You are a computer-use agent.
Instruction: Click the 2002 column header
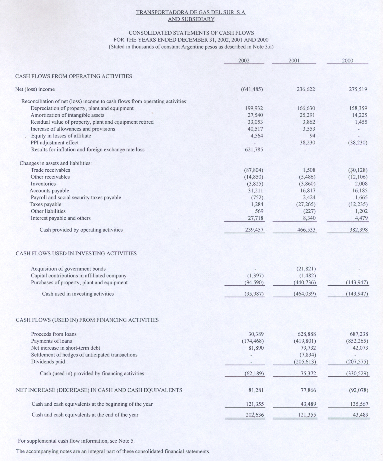(x=244, y=61)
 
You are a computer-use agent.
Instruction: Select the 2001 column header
(x=294, y=61)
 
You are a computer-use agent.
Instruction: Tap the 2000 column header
(x=348, y=61)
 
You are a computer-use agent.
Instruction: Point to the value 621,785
(x=254, y=150)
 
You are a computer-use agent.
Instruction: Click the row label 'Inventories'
(x=43, y=184)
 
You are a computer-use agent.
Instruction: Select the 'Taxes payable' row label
(x=45, y=204)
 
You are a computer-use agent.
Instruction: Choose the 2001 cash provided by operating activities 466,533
(x=306, y=230)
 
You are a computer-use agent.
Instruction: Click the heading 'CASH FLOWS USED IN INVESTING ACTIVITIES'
(x=76, y=253)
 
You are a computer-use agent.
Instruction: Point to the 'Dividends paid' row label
(x=48, y=362)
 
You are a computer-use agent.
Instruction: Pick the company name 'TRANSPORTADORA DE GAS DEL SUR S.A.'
(x=191, y=12)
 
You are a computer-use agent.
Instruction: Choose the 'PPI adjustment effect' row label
(x=55, y=143)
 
